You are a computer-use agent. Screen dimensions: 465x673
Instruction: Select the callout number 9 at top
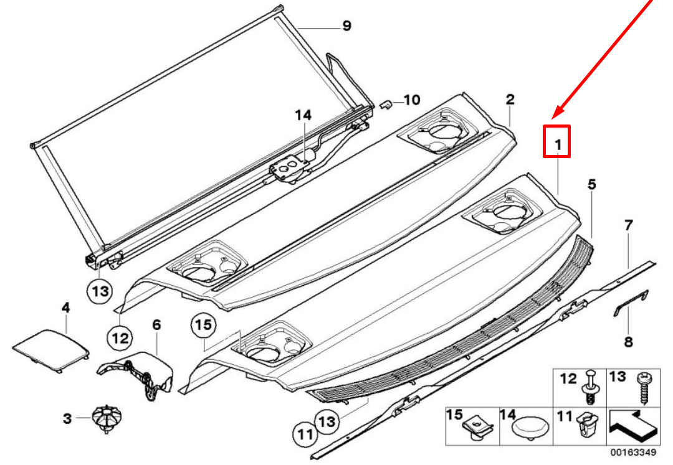tap(346, 26)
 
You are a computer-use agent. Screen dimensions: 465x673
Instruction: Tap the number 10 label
tap(412, 100)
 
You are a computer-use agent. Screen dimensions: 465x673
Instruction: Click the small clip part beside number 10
tap(385, 104)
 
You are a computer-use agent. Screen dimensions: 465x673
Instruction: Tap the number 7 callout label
tap(628, 225)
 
